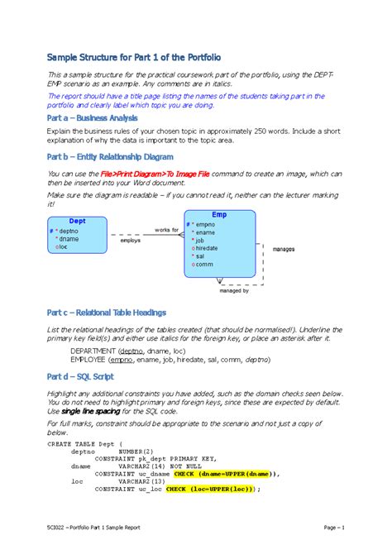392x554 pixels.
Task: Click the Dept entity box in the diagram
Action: pos(77,235)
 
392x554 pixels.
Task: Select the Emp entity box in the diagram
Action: pos(219,246)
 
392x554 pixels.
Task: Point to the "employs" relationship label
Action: pos(131,241)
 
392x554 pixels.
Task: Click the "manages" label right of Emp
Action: pos(284,247)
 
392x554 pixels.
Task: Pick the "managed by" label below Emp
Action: pos(234,290)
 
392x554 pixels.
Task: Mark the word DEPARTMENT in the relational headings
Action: pos(98,350)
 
